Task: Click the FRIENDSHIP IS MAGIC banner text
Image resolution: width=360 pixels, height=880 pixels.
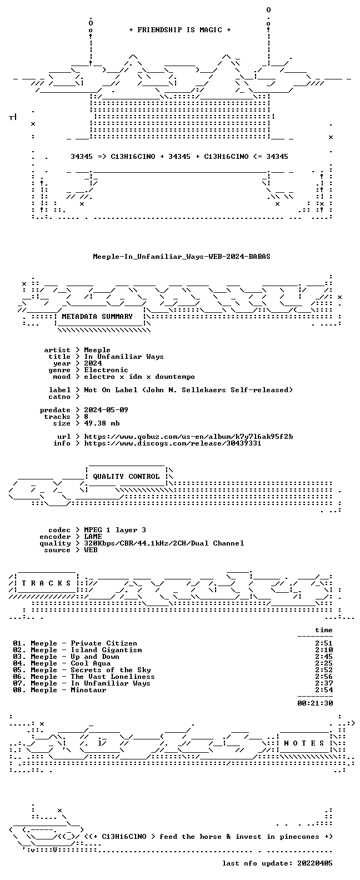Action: coord(180,30)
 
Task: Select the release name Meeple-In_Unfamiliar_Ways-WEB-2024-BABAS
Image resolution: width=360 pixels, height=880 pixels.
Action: coord(182,257)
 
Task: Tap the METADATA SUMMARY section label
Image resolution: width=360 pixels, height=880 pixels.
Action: coord(97,317)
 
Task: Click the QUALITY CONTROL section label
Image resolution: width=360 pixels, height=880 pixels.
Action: coord(126,477)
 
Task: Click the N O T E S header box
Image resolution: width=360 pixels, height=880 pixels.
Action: coord(304,743)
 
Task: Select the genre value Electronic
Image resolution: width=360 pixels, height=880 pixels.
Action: coord(106,370)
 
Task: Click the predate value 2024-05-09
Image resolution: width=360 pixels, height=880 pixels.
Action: coord(106,410)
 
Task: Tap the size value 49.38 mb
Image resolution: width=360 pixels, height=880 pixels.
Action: coord(102,423)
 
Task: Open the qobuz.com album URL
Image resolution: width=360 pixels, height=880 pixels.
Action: coord(189,437)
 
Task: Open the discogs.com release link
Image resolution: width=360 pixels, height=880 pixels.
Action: coord(173,443)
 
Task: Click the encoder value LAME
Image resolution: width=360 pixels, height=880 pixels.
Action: coord(93,537)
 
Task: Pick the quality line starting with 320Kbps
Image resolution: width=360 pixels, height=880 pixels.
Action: coord(164,543)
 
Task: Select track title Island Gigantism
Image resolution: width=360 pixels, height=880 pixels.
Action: coord(106,650)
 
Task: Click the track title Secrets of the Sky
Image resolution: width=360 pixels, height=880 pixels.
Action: coord(111,670)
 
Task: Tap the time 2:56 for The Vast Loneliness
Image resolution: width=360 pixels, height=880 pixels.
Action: coord(324,677)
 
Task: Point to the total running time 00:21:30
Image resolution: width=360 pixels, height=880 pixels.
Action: coord(315,703)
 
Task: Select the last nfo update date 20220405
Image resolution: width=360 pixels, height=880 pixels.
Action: coord(315,863)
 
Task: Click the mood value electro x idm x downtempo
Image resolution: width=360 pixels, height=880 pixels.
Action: coord(139,377)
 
